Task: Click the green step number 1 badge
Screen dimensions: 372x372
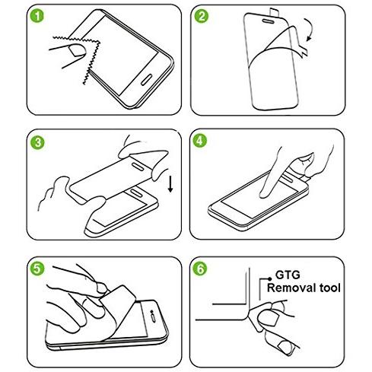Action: click(37, 16)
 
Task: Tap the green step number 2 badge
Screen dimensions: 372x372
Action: click(202, 16)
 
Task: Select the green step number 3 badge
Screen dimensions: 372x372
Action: click(37, 142)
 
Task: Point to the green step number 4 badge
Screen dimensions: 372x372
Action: click(200, 141)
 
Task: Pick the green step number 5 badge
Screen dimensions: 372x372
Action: click(37, 269)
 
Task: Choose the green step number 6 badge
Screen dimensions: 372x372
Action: click(200, 269)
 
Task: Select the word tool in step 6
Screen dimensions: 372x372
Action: click(329, 288)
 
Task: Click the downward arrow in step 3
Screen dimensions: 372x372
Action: click(170, 184)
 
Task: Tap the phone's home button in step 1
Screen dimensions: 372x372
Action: click(146, 79)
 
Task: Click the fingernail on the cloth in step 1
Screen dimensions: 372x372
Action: click(77, 50)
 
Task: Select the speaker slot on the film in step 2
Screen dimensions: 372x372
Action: click(268, 21)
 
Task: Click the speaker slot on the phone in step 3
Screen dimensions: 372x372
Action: click(137, 192)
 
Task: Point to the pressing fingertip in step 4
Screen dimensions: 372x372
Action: click(264, 195)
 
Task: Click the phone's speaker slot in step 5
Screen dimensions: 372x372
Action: click(154, 319)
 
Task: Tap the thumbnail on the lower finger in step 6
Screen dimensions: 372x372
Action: click(285, 347)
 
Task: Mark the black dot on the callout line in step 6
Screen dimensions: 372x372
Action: click(269, 278)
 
